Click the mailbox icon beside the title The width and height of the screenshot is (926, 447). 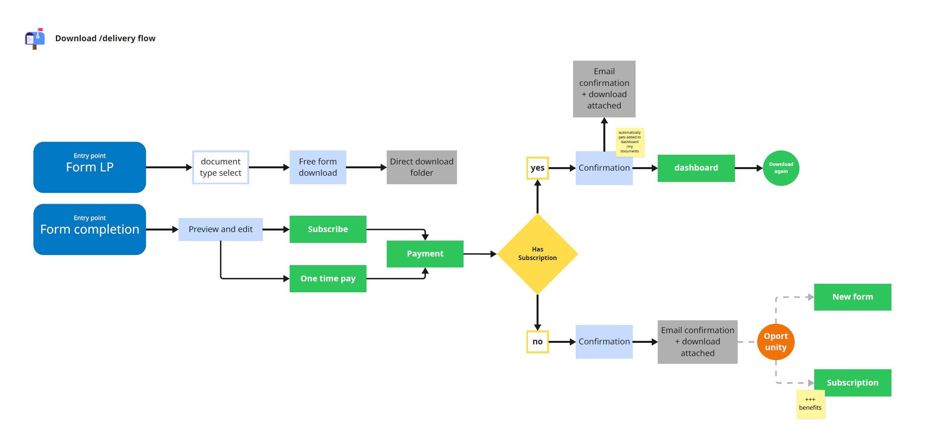point(35,38)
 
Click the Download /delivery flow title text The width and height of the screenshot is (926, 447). point(105,38)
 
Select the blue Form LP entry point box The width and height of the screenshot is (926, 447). point(90,167)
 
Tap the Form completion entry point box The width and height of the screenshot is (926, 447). point(90,229)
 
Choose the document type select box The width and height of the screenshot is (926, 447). point(221,167)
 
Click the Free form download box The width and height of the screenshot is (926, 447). point(318,167)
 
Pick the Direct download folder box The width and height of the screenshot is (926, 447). point(422,167)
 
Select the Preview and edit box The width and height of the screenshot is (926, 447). point(221,229)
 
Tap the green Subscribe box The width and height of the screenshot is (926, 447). point(328,229)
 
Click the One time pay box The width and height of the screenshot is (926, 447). point(328,279)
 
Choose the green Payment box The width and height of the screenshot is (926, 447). point(425,254)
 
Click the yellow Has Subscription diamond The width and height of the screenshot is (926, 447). point(537,254)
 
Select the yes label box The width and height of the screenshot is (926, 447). point(537,168)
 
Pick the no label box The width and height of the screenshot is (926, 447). point(537,342)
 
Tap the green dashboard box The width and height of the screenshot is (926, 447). point(696,168)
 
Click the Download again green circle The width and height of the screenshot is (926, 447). point(781,168)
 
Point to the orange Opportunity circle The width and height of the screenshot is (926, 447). point(775,342)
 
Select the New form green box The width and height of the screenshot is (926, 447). point(852,297)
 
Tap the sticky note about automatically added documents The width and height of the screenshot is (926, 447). point(629,142)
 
